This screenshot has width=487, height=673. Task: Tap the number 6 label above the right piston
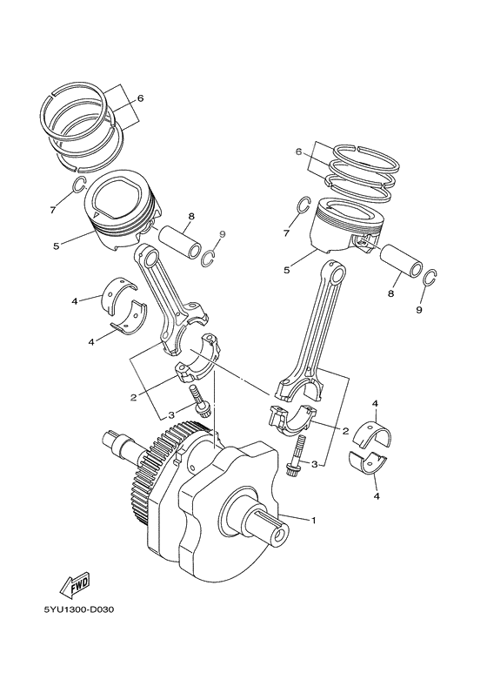click(x=297, y=151)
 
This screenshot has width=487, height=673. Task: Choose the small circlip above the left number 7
click(x=77, y=185)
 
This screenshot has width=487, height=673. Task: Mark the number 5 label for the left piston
click(x=56, y=246)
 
